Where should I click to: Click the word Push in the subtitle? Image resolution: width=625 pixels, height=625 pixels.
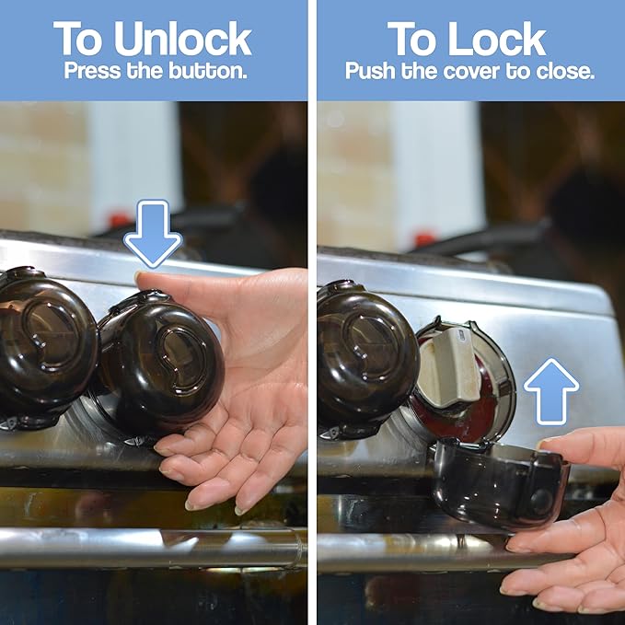pyautogui.click(x=368, y=71)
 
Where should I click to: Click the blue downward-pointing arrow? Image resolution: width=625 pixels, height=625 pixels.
pyautogui.click(x=152, y=233)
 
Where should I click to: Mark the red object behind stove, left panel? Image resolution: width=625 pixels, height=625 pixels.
pyautogui.click(x=117, y=220)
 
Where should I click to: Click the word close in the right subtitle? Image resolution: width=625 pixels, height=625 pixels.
pyautogui.click(x=566, y=71)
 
